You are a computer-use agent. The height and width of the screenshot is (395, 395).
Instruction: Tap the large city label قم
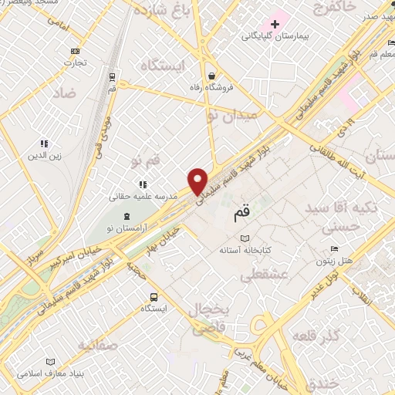point(241,211)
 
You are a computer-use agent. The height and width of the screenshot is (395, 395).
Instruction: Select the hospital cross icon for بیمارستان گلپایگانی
point(275,24)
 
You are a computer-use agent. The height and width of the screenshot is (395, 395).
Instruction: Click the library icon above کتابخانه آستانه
point(245,239)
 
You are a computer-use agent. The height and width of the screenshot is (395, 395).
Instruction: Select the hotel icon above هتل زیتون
point(333,248)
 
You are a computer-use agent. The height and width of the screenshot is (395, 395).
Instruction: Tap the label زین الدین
point(44,157)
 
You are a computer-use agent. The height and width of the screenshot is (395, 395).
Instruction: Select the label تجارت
point(75,63)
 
